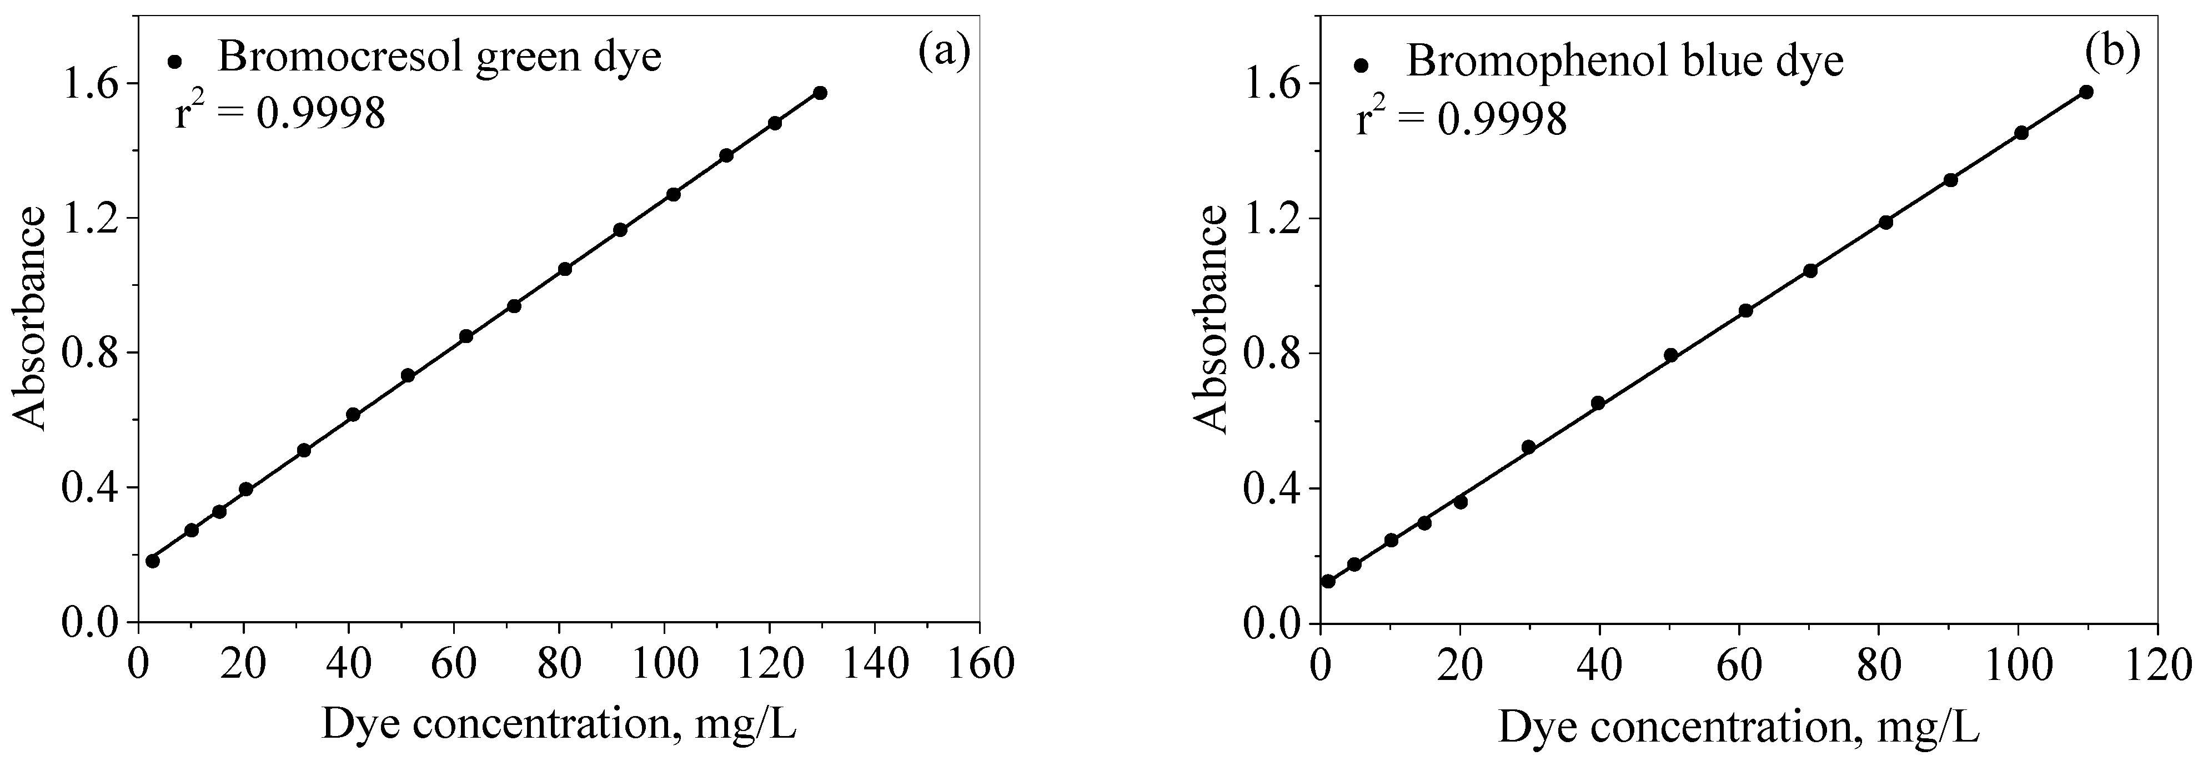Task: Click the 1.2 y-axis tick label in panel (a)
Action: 92,217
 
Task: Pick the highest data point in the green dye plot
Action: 820,92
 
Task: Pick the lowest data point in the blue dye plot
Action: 1328,581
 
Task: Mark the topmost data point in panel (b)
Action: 2086,92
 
